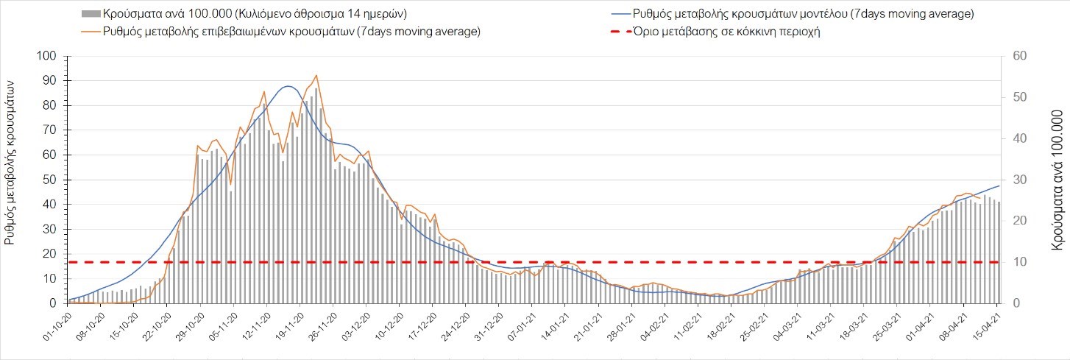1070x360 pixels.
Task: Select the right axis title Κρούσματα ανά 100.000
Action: click(1058, 180)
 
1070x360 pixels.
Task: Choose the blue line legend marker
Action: click(620, 14)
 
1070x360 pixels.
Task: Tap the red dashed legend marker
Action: click(620, 31)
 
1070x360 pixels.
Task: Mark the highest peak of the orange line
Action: click(316, 75)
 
